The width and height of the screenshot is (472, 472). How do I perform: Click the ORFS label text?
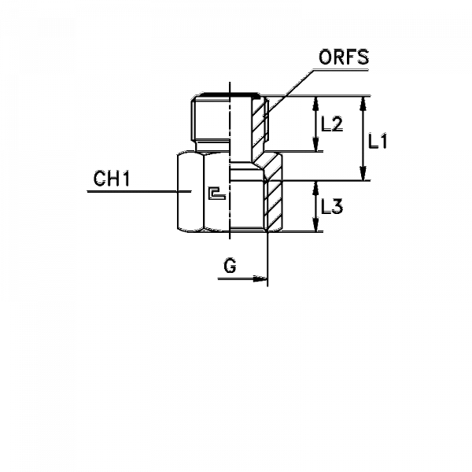click(x=344, y=57)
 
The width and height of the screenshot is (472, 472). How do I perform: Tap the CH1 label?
click(x=112, y=179)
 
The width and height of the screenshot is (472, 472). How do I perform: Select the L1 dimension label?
click(x=378, y=141)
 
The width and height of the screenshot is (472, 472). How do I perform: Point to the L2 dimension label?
click(x=332, y=124)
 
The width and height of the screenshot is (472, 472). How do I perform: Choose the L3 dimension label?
click(x=332, y=207)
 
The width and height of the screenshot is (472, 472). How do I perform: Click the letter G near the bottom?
click(x=230, y=266)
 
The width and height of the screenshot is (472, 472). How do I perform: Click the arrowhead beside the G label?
click(x=260, y=278)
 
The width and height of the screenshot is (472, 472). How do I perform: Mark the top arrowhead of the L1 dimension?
click(x=363, y=104)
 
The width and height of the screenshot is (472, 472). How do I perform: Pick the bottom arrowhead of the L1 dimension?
click(x=363, y=173)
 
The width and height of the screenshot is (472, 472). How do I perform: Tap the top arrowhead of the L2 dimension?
click(x=315, y=104)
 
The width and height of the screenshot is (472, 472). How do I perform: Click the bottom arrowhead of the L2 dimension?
click(x=315, y=144)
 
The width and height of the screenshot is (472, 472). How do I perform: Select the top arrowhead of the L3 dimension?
click(x=315, y=189)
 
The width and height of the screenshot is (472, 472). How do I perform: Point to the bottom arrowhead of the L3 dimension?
click(x=315, y=224)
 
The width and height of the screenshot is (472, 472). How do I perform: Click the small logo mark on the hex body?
click(x=217, y=194)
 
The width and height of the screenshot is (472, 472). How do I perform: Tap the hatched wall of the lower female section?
click(x=273, y=206)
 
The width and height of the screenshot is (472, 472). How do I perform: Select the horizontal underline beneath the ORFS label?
click(x=341, y=70)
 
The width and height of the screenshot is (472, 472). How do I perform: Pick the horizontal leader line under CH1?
click(x=139, y=191)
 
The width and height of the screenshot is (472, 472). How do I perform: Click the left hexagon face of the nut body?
click(x=190, y=192)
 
